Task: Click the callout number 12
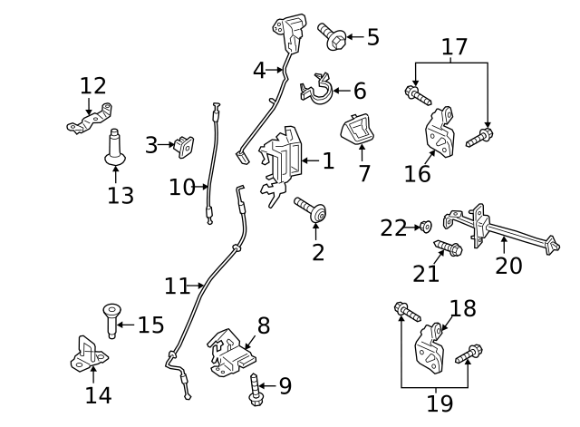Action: (92, 86)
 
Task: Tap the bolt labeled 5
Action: (331, 35)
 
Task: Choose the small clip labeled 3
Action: (183, 144)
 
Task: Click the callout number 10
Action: (182, 188)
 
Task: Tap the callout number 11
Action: (177, 286)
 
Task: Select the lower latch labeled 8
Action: (231, 354)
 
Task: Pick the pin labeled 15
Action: (111, 320)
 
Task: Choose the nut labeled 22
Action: (425, 226)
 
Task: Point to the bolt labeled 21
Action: (447, 247)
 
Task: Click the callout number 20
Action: (508, 266)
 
